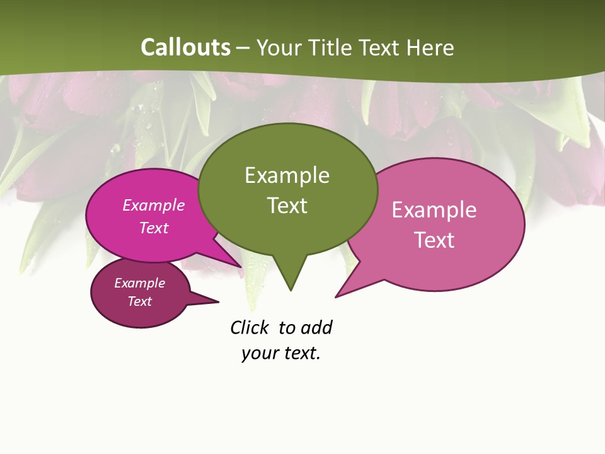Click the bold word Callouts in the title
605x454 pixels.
point(185,47)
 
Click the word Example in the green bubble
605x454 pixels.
point(287,175)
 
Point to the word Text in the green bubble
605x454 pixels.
point(287,206)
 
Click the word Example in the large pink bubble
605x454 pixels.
point(434,210)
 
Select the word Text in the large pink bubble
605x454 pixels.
point(434,240)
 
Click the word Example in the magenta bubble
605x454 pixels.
point(153,205)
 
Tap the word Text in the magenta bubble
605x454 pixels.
point(153,228)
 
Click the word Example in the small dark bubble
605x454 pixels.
point(139,283)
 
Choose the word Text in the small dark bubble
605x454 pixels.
point(139,301)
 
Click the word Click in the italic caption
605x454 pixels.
point(250,327)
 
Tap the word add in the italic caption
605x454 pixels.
point(316,327)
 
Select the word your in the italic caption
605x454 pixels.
point(260,352)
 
